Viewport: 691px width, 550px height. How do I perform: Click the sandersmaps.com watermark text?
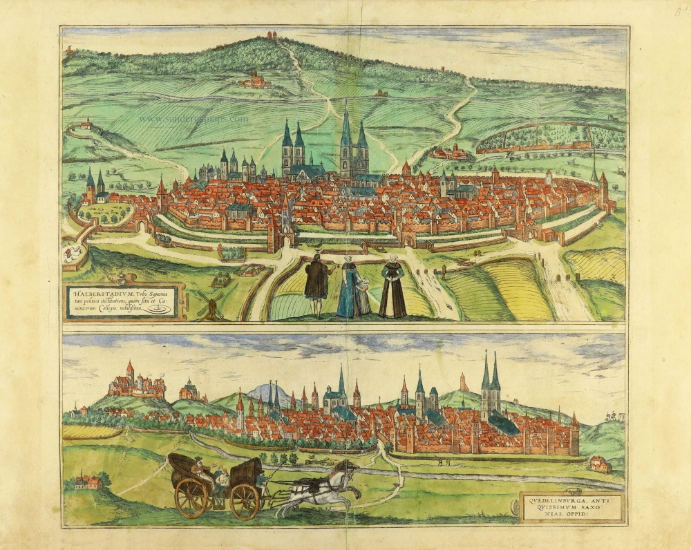coord(193,118)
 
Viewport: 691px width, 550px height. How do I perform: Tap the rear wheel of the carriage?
coord(193,497)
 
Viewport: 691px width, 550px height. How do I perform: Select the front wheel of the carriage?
coord(245,500)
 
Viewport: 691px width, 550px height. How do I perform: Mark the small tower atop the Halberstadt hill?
coord(271,35)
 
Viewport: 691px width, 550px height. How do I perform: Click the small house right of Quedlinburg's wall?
coord(600,464)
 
